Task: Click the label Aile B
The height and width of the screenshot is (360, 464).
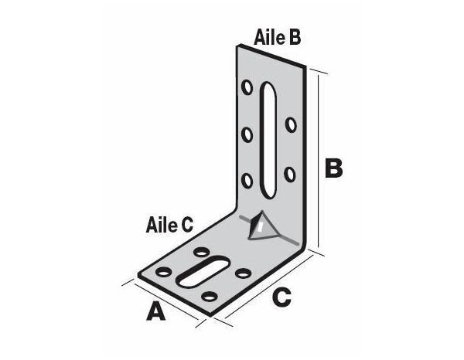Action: coord(277,36)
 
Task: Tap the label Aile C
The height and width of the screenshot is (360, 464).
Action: coord(169,225)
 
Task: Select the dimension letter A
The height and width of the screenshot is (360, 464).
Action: coord(156,311)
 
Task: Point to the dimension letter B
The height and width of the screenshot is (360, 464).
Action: coord(333,168)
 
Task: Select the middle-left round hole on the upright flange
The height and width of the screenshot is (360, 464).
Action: coord(247,135)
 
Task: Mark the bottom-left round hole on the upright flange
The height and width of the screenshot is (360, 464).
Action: coord(247,181)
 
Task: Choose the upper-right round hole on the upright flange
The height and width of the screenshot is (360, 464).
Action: coord(290,124)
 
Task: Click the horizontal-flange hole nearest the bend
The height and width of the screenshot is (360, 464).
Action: coord(203,253)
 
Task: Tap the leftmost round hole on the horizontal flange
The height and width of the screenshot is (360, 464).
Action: coord(165,273)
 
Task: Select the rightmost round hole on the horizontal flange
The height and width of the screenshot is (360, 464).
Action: coord(242,273)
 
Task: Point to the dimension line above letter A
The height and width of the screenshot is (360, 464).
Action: coord(162,299)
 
